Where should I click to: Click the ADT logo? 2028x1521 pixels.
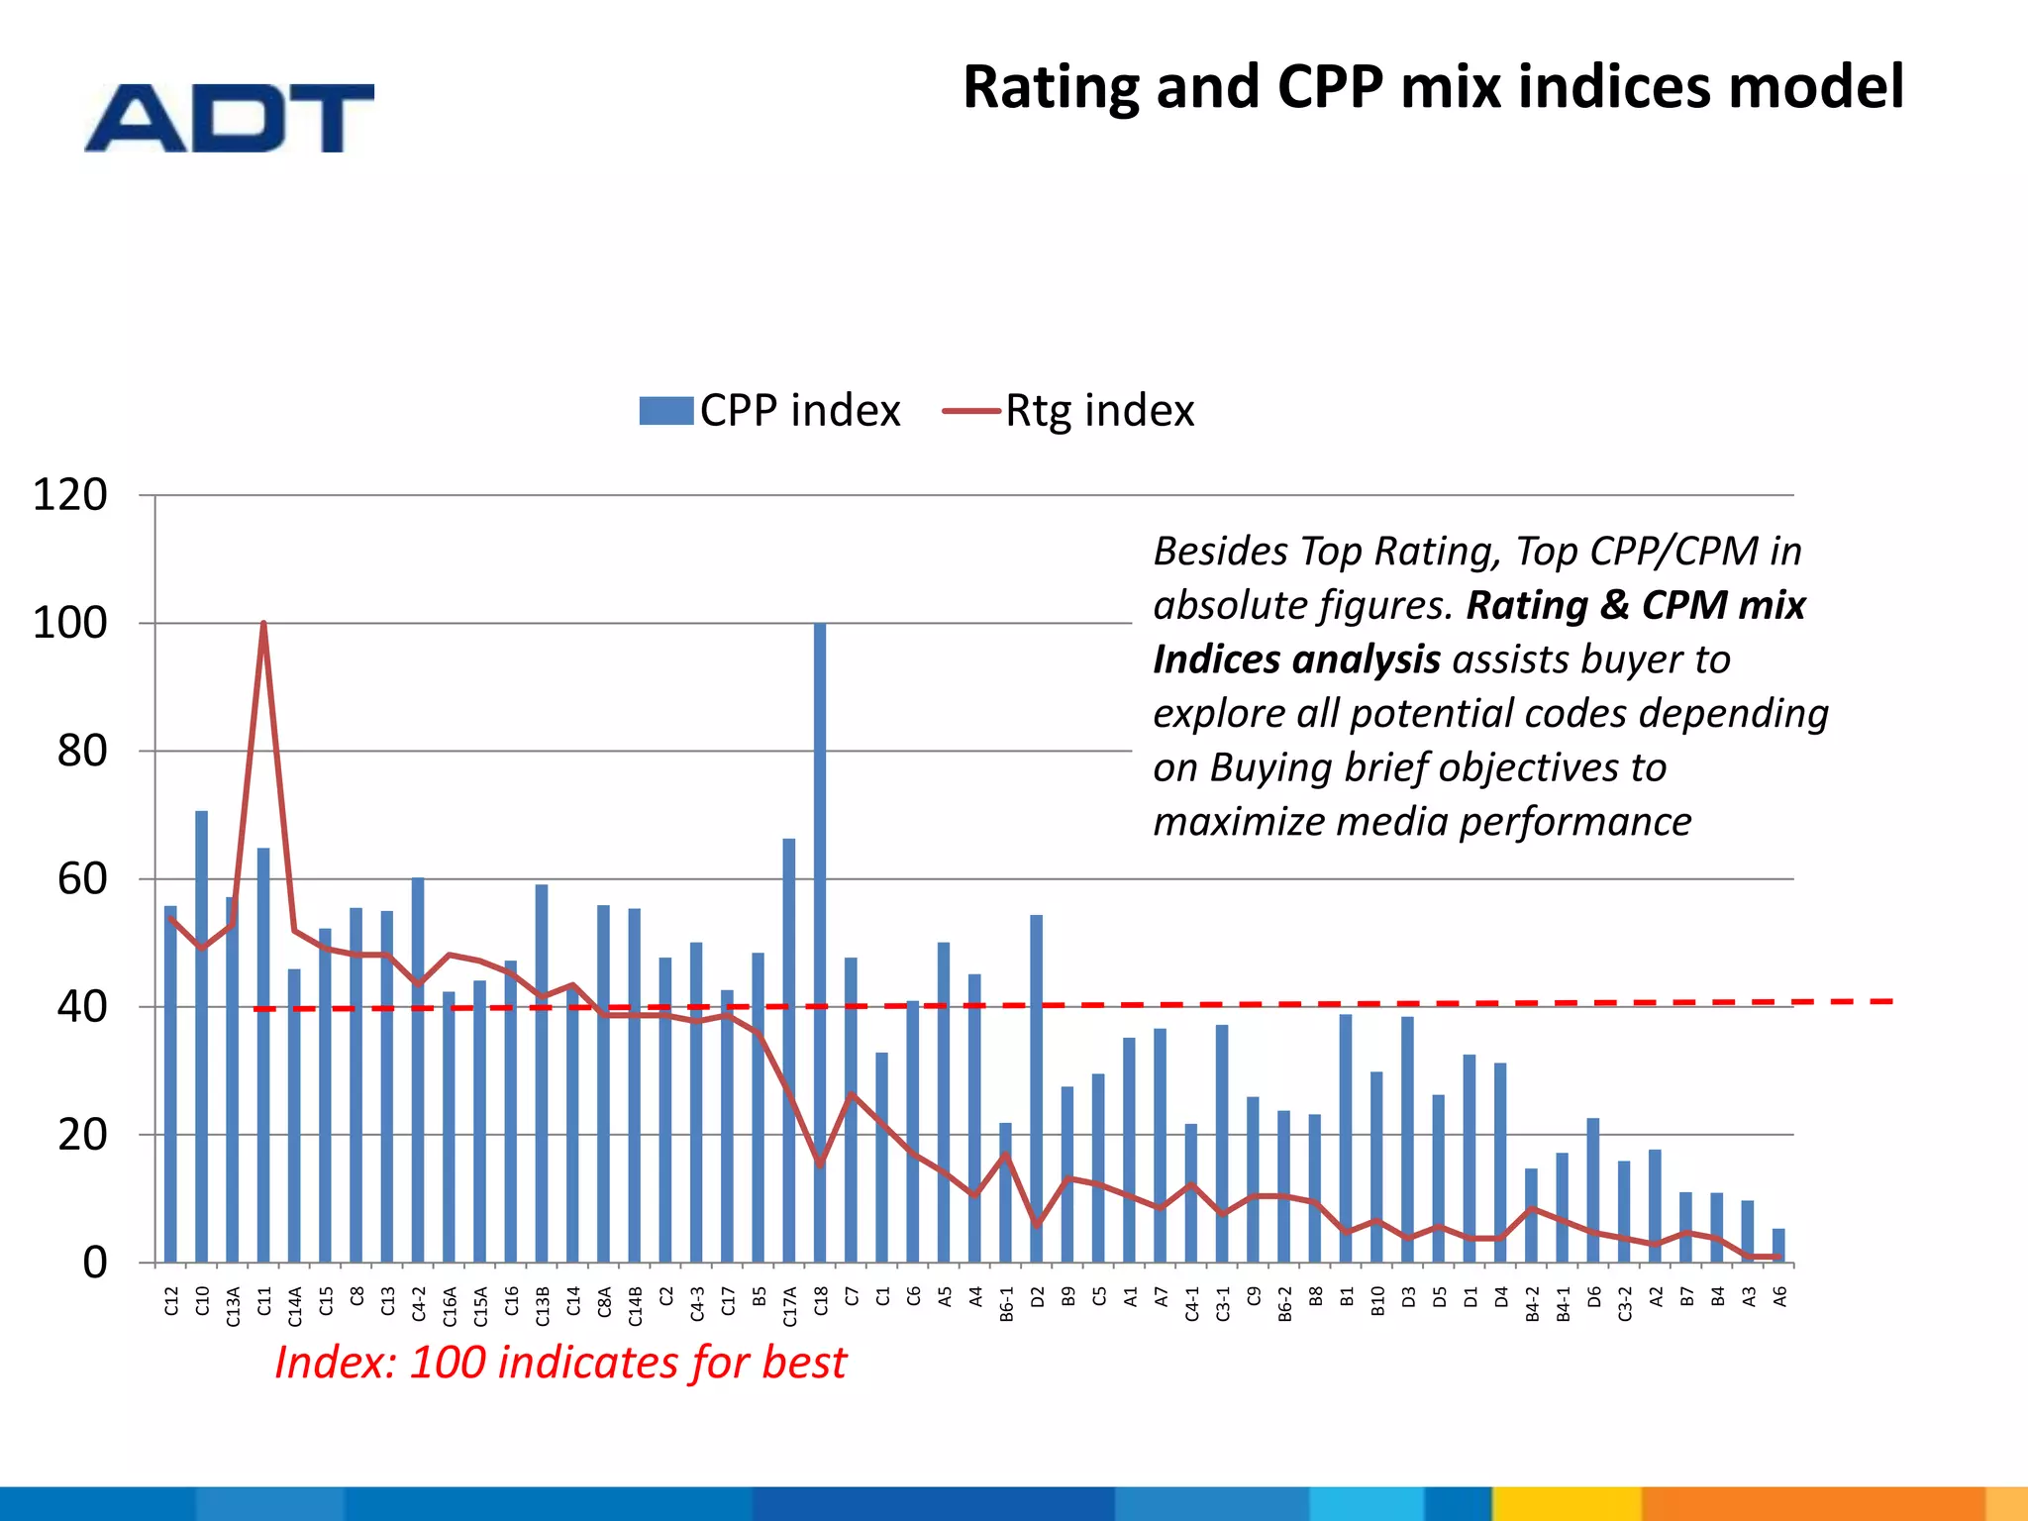point(230,118)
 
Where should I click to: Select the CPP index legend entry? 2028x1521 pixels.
point(769,410)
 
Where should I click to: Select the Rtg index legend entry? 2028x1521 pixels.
point(1069,410)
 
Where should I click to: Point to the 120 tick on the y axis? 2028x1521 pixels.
point(70,494)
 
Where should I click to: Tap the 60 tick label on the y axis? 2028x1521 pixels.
point(82,878)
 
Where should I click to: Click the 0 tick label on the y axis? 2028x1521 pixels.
point(95,1263)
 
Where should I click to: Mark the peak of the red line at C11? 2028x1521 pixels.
point(263,624)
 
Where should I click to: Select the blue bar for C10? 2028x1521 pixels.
point(202,1035)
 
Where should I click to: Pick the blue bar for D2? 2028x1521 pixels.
point(1037,1089)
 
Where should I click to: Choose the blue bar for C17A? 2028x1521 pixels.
point(789,1050)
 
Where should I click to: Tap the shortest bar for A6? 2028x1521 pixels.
point(1778,1246)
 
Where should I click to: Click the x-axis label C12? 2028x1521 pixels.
point(171,1300)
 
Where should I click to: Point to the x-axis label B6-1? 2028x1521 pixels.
point(1006,1305)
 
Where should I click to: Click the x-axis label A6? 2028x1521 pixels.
point(1779,1296)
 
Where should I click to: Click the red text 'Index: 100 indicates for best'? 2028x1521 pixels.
point(560,1363)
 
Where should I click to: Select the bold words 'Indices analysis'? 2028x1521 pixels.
point(1295,659)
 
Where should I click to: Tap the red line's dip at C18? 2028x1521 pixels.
point(820,1164)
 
